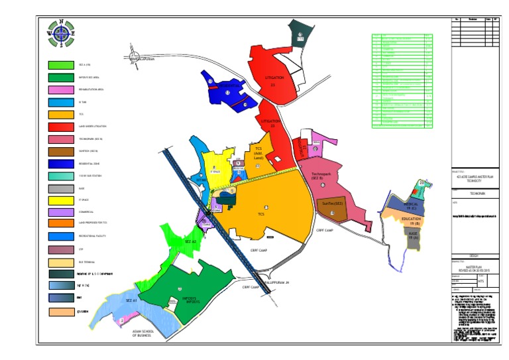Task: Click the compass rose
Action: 61,32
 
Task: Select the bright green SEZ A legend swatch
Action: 61,66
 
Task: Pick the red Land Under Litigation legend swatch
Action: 61,125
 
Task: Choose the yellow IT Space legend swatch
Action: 61,200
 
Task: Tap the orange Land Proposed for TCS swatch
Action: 61,223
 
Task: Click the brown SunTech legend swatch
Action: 61,151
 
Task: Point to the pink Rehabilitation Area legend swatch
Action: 61,90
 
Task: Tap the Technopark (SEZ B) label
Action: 326,176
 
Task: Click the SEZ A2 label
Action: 191,241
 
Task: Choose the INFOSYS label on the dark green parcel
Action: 182,299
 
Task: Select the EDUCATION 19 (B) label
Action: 411,220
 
